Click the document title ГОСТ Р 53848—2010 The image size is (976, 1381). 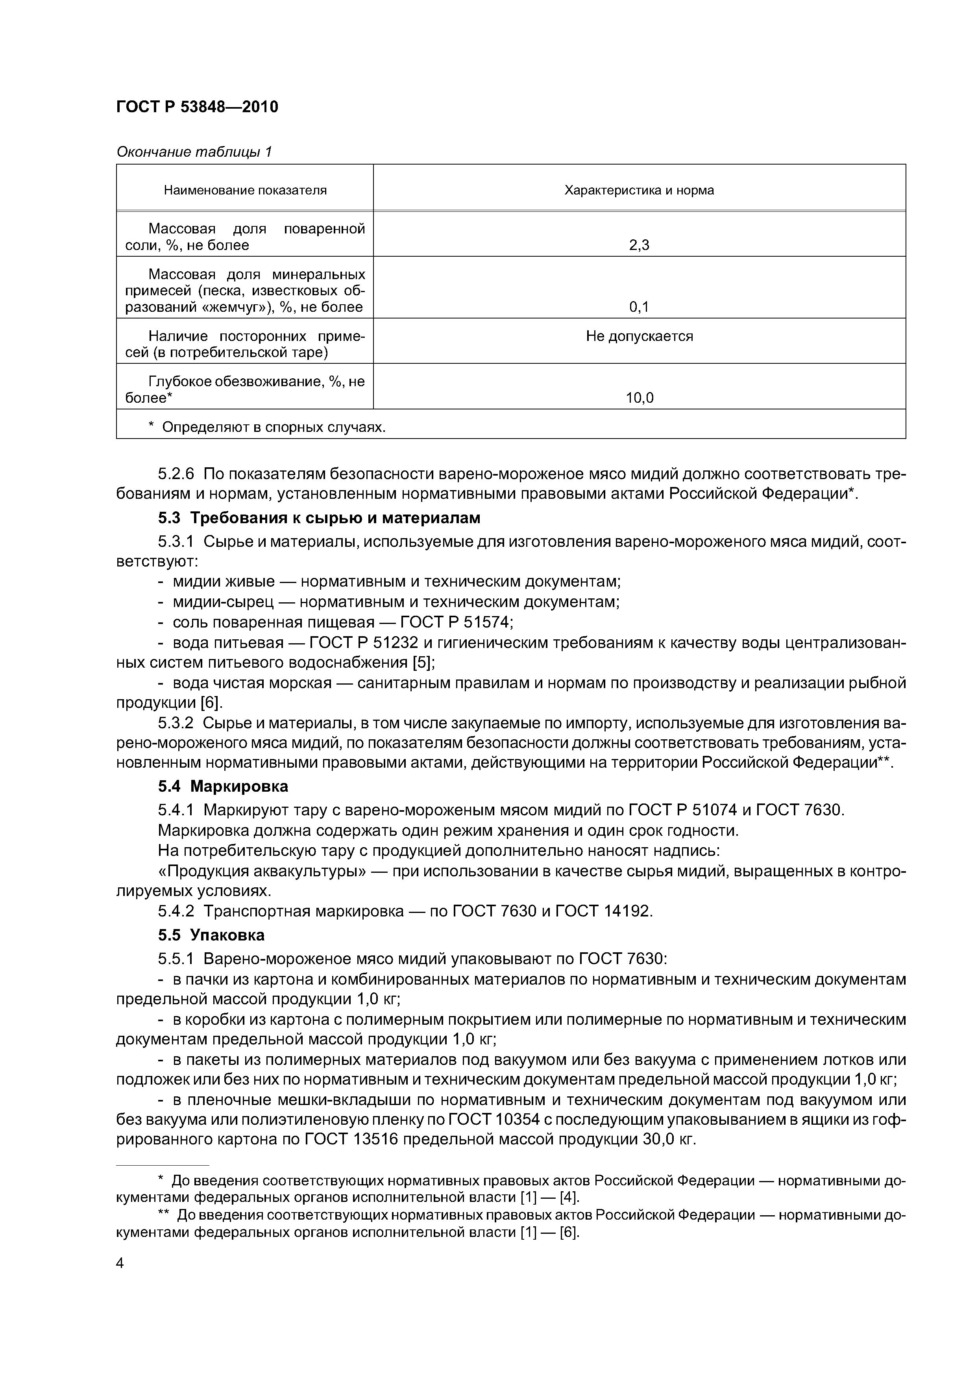coord(197,107)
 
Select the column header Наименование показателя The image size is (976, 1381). coord(245,191)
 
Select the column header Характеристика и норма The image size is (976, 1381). coord(639,191)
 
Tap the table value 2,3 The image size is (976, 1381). coord(639,245)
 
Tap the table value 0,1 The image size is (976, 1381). coord(639,307)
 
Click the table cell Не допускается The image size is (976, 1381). coord(639,336)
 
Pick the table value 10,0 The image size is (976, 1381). coord(639,398)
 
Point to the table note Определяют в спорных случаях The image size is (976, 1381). coord(274,427)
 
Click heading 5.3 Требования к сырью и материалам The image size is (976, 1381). coord(319,518)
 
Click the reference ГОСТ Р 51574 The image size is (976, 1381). coord(451,622)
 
